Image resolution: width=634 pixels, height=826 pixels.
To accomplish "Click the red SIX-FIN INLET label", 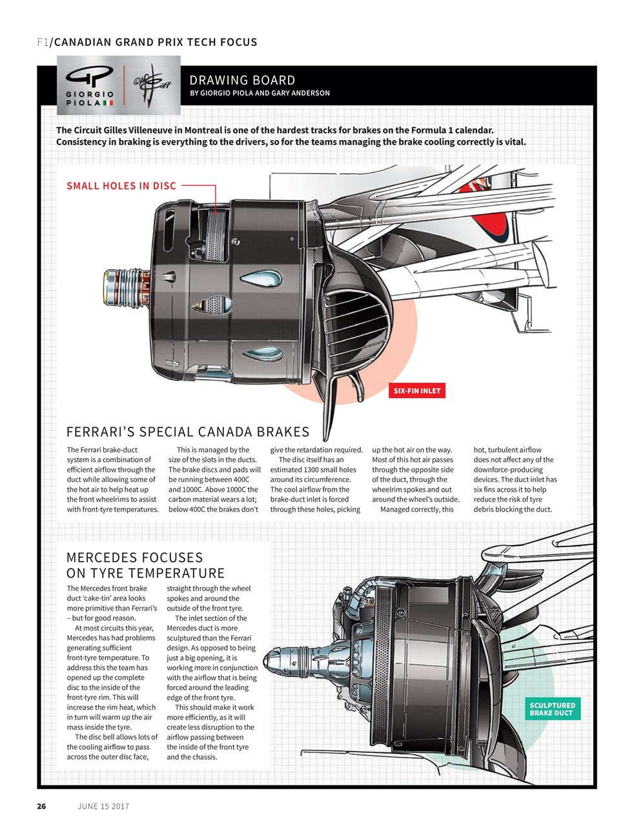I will (x=417, y=390).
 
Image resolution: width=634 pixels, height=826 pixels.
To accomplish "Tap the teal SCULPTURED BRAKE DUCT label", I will (x=552, y=709).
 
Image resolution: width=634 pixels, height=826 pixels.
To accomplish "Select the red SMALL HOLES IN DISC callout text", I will (x=121, y=186).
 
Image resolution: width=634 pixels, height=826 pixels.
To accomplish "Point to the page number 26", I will (x=41, y=806).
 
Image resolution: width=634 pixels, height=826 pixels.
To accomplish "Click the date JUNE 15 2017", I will (x=103, y=806).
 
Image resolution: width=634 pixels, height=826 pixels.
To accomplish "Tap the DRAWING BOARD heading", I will (x=242, y=80).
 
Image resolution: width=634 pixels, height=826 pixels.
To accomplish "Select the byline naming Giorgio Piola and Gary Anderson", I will (x=260, y=93).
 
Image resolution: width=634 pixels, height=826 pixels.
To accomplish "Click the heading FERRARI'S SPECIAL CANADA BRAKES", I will (x=188, y=432).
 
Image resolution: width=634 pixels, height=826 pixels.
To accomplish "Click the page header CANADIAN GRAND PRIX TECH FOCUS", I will (x=154, y=43).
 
